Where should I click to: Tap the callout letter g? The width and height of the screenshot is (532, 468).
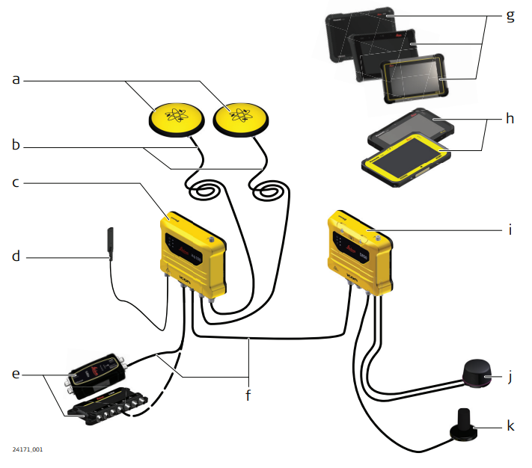point(510,16)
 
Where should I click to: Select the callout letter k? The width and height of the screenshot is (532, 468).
point(510,425)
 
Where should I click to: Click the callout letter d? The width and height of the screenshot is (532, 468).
point(14,256)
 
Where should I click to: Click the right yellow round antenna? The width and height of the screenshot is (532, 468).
point(240,116)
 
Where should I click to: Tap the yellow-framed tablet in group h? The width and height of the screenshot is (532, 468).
point(406,158)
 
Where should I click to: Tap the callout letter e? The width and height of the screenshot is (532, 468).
point(14,372)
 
